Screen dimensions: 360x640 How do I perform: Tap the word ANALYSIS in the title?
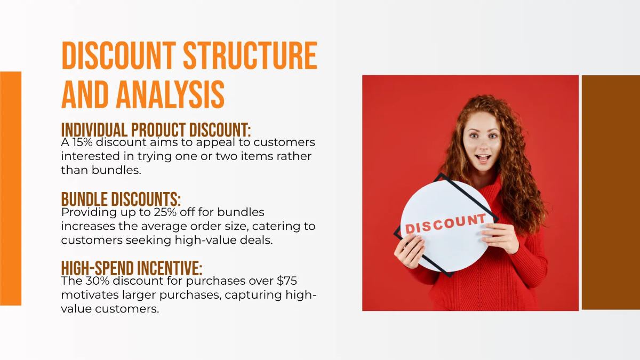pos(170,95)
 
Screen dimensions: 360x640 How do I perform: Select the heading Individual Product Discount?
pos(156,130)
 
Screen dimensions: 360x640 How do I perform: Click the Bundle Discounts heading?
pos(121,199)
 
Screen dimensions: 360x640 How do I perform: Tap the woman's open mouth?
pos(483,158)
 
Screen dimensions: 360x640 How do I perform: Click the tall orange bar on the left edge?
pos(11,188)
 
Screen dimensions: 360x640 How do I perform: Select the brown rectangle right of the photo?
pos(610,192)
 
